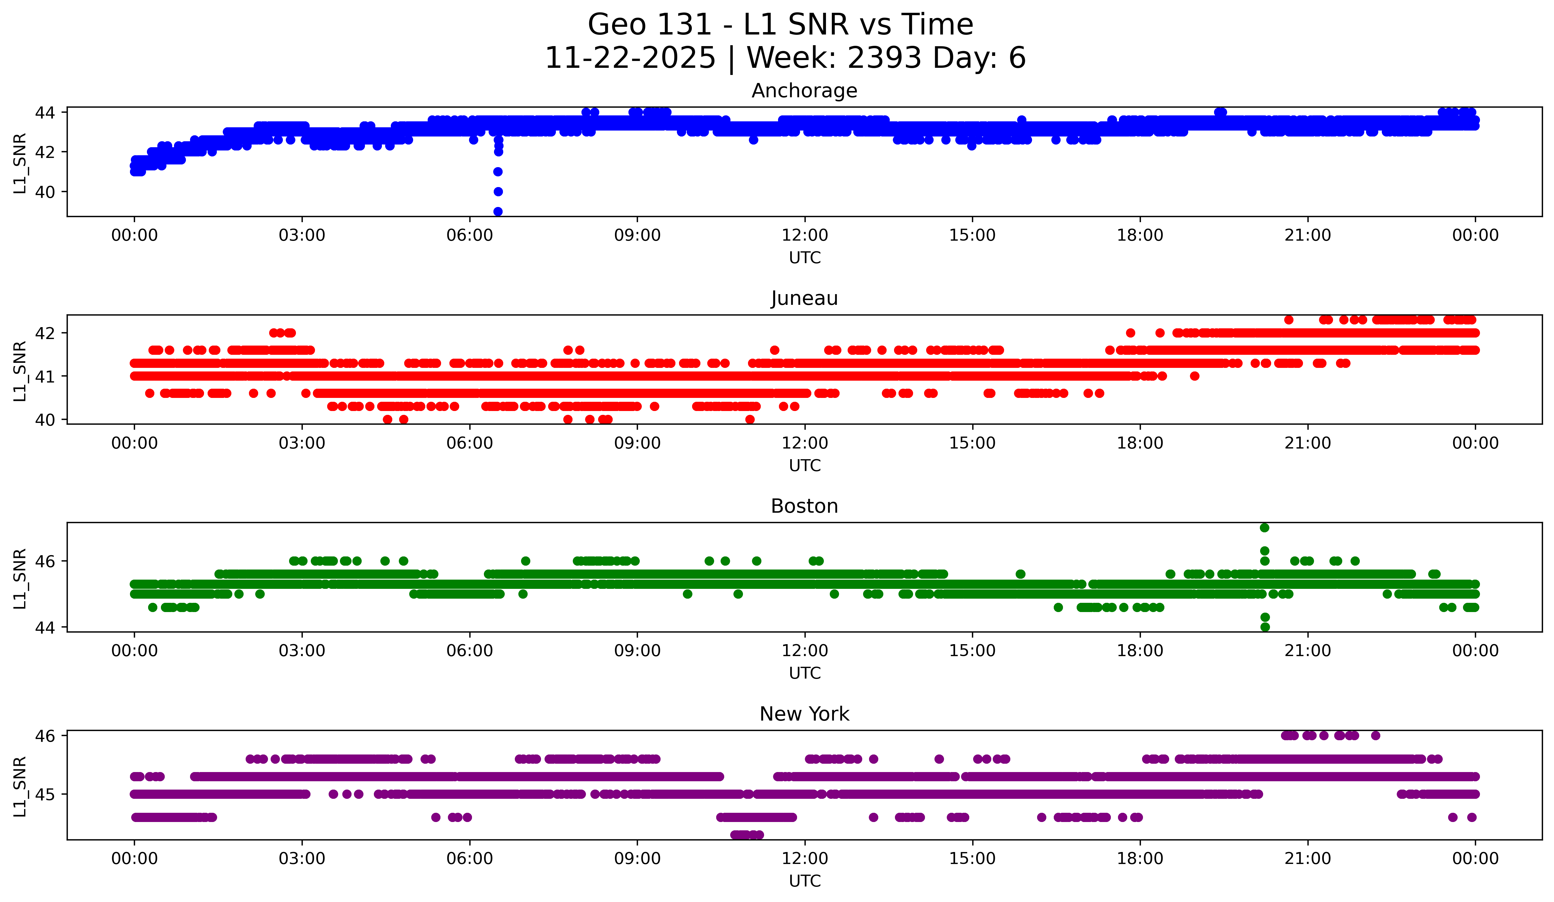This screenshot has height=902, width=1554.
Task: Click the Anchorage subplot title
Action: click(804, 91)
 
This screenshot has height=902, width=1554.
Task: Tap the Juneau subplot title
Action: click(804, 298)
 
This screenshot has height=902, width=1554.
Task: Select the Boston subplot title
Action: click(804, 506)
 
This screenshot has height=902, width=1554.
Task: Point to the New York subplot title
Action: click(804, 714)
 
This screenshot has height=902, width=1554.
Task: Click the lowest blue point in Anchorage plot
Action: click(498, 211)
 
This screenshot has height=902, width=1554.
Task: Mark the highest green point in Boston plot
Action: click(1264, 528)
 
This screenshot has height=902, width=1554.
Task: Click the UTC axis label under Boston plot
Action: click(804, 673)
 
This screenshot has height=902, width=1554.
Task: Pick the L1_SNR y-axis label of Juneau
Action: click(20, 371)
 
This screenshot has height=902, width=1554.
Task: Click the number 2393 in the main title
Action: click(884, 58)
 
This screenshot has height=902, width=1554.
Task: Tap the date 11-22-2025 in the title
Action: click(630, 58)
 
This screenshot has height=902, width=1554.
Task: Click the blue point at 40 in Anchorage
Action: click(498, 192)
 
